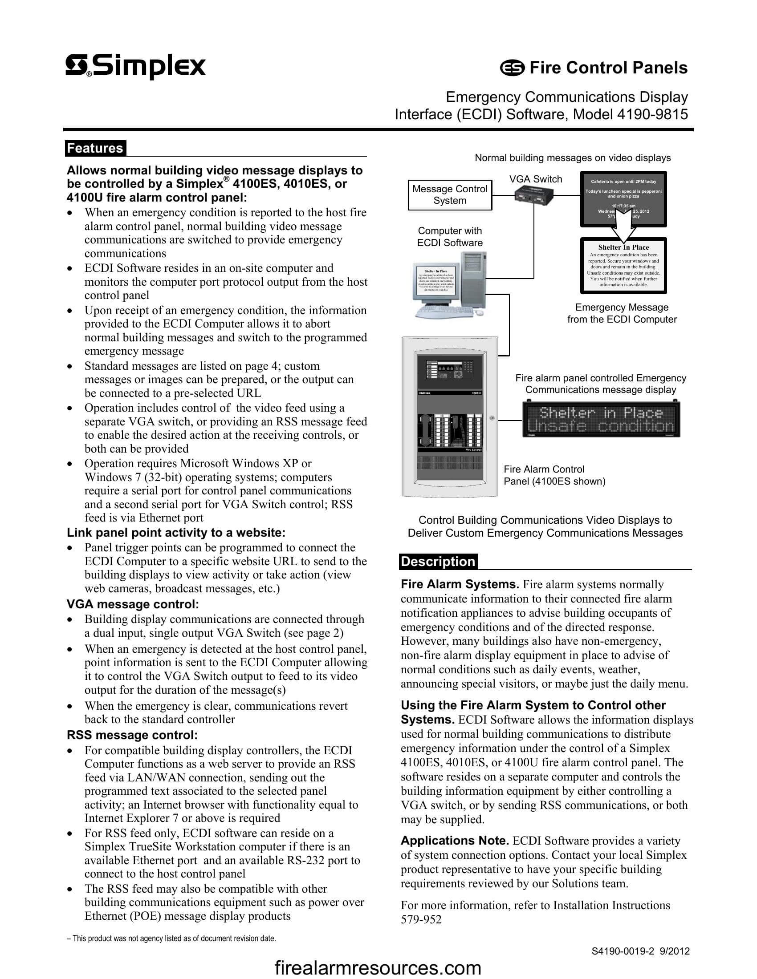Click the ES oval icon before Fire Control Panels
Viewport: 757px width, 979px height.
click(512, 69)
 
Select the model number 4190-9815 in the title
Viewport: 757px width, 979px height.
click(652, 115)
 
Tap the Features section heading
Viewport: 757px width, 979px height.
click(95, 148)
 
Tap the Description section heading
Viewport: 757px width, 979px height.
click(438, 562)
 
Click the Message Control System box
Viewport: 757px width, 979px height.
click(449, 195)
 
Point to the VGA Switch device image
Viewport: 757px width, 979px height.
click(533, 195)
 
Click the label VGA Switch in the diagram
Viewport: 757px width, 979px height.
click(535, 179)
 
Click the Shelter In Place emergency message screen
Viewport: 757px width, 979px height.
click(623, 266)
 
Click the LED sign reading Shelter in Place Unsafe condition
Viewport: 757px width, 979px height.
click(601, 419)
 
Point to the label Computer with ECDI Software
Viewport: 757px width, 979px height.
click(450, 237)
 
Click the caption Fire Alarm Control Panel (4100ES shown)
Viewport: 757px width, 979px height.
click(554, 475)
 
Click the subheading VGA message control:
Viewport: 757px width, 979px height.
click(133, 604)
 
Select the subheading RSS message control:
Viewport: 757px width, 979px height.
click(132, 735)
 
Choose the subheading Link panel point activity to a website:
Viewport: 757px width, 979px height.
click(176, 533)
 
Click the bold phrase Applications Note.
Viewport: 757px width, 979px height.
click(454, 841)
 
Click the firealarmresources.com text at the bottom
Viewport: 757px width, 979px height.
click(378, 968)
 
